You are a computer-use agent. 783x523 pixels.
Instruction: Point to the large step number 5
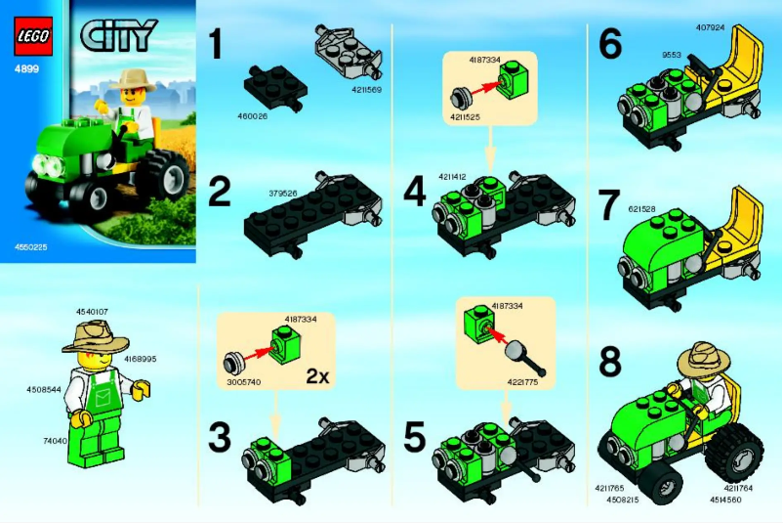(415, 439)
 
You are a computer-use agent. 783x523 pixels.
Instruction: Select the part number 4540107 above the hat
(94, 311)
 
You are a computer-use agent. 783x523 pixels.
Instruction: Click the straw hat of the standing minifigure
(96, 335)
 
